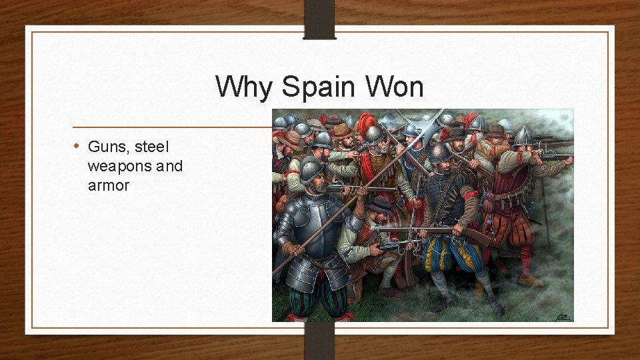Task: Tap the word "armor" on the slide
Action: [x=108, y=185]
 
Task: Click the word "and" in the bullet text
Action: [x=169, y=165]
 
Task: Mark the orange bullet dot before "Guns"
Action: [x=77, y=145]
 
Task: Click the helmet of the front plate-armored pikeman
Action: [x=311, y=169]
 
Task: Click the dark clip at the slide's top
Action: [x=319, y=19]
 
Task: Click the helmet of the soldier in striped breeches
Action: [x=439, y=153]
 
